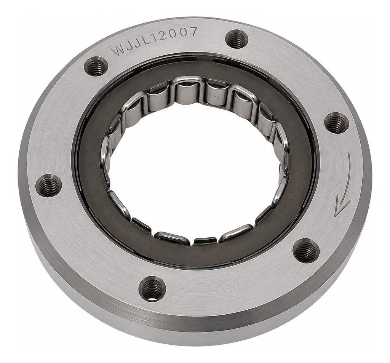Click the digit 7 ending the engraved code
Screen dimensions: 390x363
click(193, 32)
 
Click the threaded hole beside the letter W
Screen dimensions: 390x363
click(96, 66)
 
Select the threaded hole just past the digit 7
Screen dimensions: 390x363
click(237, 38)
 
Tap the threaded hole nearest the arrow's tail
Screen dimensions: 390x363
click(337, 122)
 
